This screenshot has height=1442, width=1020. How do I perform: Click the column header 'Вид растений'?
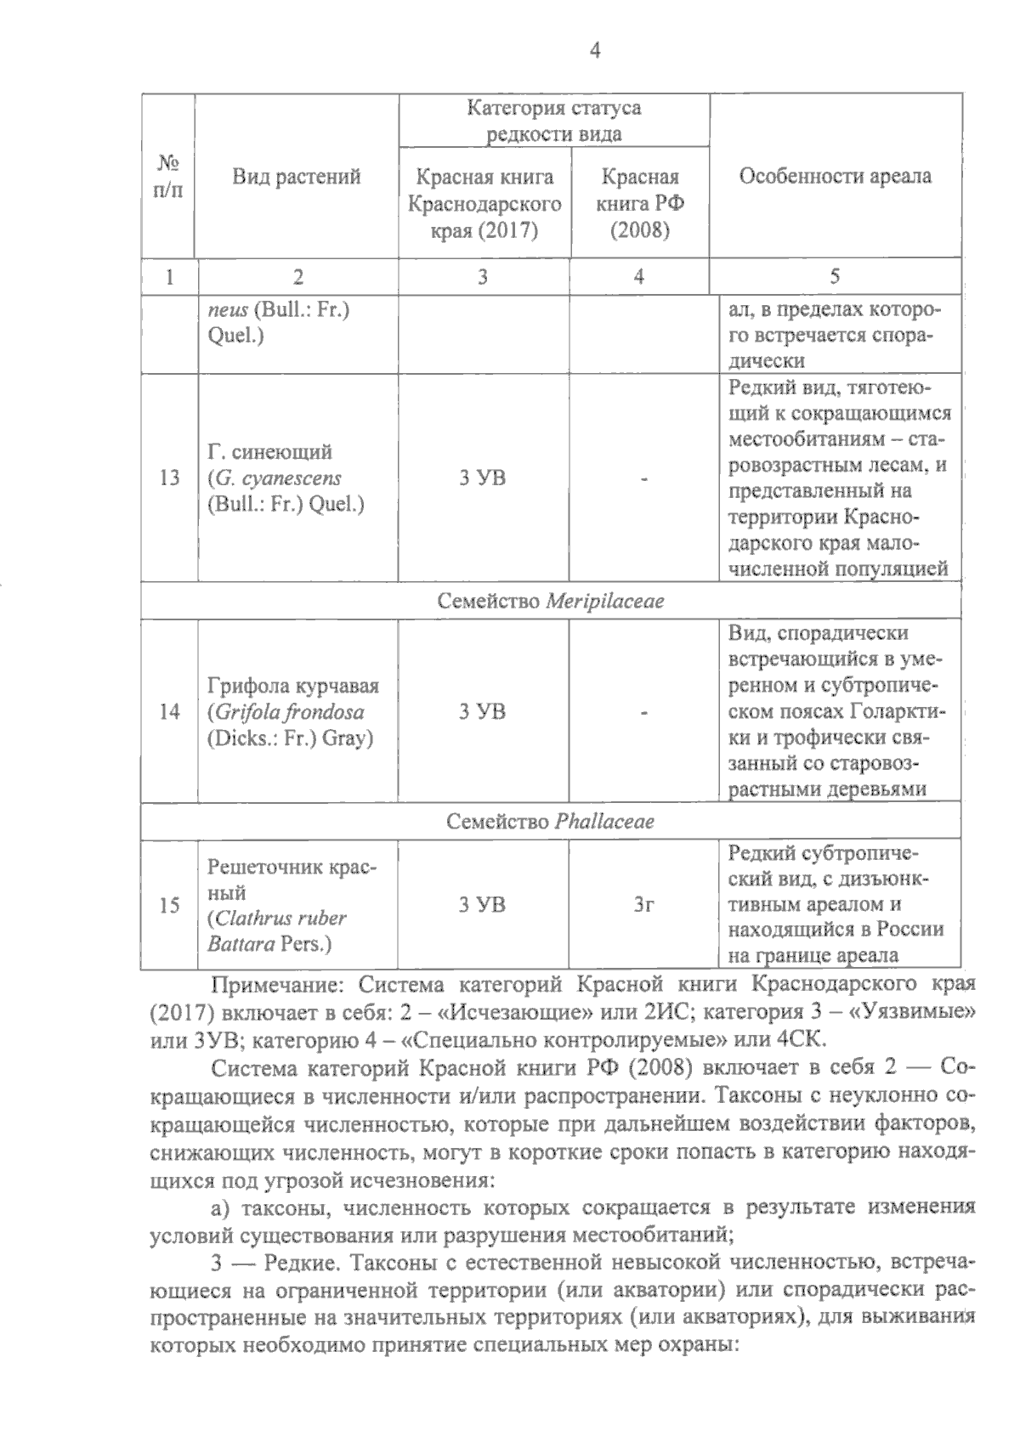click(x=297, y=177)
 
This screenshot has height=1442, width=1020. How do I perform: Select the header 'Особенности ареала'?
click(x=835, y=176)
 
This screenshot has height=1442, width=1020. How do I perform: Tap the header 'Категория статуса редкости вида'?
click(x=553, y=121)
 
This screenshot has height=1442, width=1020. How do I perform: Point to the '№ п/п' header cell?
click(x=168, y=176)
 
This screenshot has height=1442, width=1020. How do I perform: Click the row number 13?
click(x=169, y=478)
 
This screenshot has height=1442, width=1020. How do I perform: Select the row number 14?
click(x=169, y=712)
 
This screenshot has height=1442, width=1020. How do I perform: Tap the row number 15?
click(x=169, y=906)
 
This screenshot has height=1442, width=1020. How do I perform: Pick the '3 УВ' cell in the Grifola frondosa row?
click(x=483, y=712)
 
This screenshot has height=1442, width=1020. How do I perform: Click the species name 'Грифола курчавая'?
click(x=293, y=686)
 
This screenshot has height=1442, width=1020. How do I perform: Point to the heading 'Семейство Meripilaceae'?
click(x=551, y=602)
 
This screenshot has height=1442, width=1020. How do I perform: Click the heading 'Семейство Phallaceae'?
click(x=551, y=823)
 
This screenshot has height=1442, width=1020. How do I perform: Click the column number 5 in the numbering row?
click(x=835, y=277)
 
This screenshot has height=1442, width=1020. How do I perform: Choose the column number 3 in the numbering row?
click(x=483, y=277)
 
